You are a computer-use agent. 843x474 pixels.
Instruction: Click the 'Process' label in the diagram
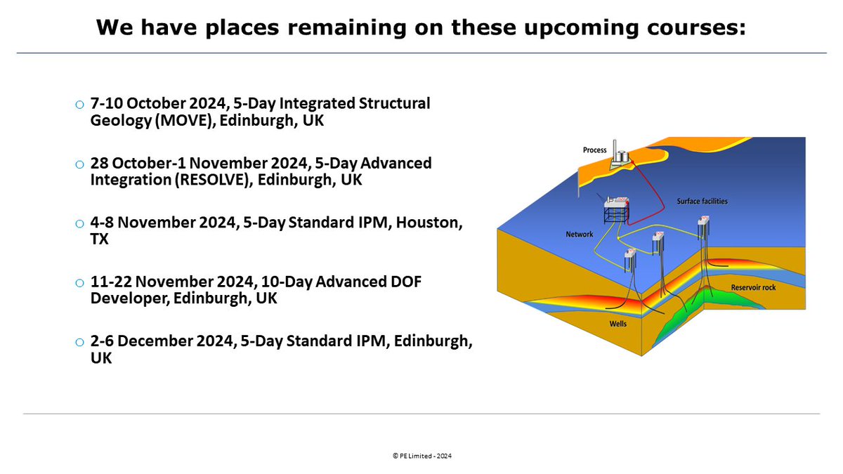[594, 150]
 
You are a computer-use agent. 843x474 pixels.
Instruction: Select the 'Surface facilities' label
[702, 202]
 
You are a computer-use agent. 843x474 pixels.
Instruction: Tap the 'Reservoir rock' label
[752, 288]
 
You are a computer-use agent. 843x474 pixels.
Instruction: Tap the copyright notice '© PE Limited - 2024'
[421, 456]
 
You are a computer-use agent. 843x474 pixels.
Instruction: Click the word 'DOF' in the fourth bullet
[405, 282]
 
